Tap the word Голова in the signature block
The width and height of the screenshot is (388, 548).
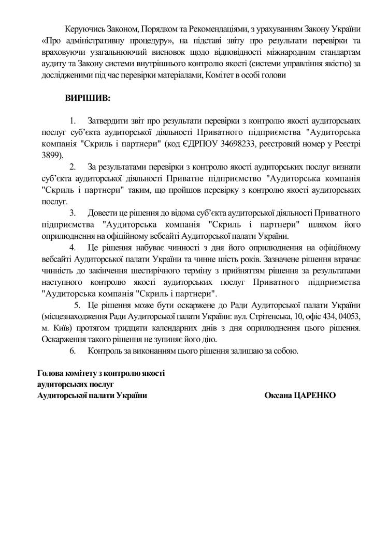point(51,373)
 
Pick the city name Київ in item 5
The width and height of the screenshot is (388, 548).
point(60,328)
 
